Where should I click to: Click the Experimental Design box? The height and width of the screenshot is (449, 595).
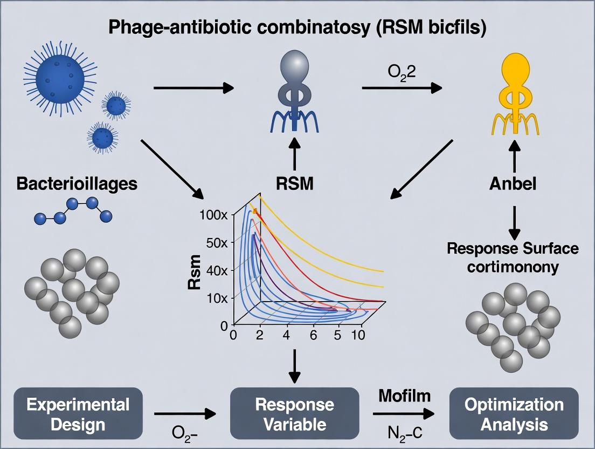click(x=79, y=414)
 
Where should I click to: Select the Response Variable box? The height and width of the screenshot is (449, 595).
click(x=295, y=414)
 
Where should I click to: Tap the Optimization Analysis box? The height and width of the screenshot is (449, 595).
click(x=514, y=414)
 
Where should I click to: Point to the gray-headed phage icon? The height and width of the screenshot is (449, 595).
click(x=295, y=92)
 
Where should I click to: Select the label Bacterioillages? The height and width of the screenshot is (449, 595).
click(x=77, y=183)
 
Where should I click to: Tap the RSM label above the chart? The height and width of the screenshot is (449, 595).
click(x=295, y=184)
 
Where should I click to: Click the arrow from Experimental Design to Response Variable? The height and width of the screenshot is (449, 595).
click(x=184, y=414)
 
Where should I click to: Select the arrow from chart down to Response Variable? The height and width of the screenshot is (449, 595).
click(x=295, y=365)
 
